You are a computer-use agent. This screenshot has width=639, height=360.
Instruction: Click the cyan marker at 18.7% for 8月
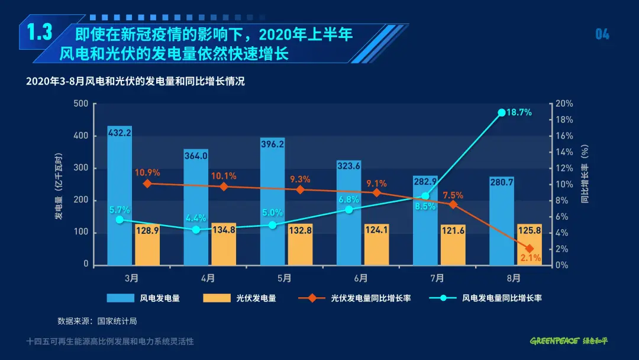click(x=502, y=112)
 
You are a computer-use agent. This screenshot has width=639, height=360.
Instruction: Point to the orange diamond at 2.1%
click(x=529, y=249)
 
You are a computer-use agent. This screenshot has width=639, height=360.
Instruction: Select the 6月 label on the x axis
click(x=361, y=277)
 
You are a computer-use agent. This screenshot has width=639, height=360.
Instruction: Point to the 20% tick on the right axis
click(x=564, y=104)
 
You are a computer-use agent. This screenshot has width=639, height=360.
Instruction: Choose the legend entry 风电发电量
click(x=143, y=298)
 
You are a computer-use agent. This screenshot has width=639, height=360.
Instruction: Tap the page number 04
click(x=602, y=34)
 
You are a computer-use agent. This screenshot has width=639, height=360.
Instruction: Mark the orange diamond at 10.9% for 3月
click(x=147, y=184)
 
